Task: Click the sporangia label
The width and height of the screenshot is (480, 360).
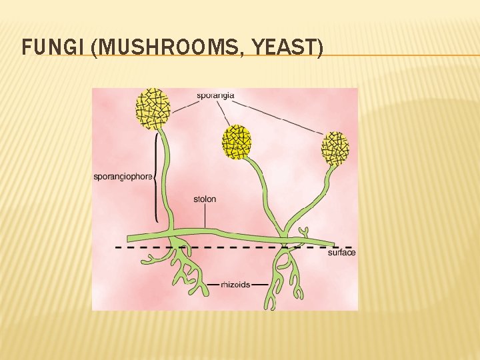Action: [x=215, y=95]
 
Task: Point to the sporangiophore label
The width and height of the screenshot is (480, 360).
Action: [x=123, y=177]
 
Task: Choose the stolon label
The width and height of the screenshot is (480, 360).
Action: [x=205, y=199]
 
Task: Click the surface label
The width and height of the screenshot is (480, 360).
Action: [x=341, y=253]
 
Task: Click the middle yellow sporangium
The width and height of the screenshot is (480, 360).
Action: [x=237, y=141]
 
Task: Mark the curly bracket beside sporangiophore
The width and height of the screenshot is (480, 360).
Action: [x=155, y=177]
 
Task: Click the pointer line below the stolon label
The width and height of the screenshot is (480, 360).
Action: [x=205, y=217]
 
